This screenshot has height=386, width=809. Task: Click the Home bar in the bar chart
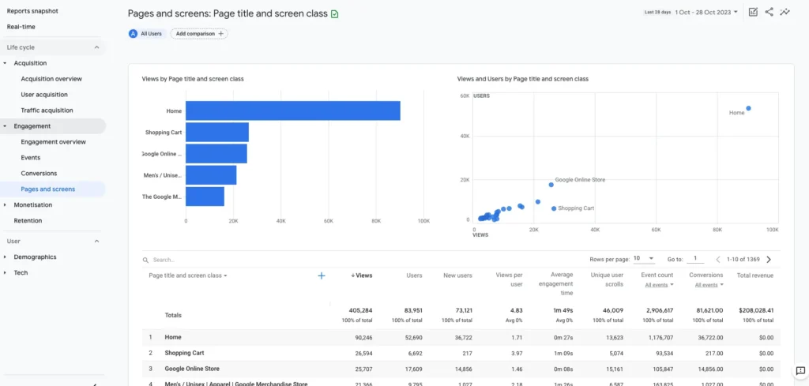coord(292,111)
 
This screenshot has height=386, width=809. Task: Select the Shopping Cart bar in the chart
coord(217,132)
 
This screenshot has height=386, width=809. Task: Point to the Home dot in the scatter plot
coord(748,108)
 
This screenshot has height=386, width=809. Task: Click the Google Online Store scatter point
coord(551,185)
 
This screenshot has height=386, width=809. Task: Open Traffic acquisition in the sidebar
coord(47,111)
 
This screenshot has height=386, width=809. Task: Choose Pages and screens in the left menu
coord(48,189)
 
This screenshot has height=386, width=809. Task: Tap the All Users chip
coord(147,34)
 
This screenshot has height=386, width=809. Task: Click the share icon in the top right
coord(769,12)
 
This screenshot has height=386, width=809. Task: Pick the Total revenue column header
coord(754,275)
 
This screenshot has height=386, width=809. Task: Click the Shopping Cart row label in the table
coord(184,353)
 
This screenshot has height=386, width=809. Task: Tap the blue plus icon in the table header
coord(322,275)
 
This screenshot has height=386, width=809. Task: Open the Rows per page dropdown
coord(643,259)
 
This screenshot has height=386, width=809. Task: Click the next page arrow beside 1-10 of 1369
coord(769,259)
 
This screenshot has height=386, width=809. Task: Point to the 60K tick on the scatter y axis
coord(465,96)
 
